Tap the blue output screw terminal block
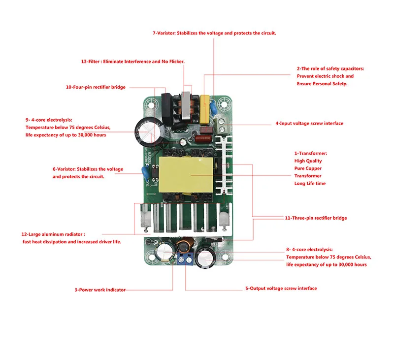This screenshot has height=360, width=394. [x=186, y=259]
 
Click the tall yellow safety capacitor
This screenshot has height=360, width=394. [x=204, y=109]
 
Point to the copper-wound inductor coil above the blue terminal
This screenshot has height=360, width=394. [x=186, y=245]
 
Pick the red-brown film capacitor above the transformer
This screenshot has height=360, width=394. [x=203, y=139]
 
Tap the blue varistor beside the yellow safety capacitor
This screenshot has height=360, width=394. [x=213, y=108]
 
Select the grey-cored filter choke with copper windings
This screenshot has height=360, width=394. [x=185, y=105]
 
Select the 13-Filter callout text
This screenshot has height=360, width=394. [x=132, y=62]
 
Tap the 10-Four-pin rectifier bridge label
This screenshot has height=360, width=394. [x=96, y=87]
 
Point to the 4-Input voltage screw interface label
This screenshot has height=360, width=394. [x=309, y=123]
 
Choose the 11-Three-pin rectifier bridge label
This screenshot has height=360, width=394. [x=316, y=218]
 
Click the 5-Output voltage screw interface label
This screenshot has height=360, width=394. [x=281, y=289]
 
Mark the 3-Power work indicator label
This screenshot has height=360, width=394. [x=100, y=290]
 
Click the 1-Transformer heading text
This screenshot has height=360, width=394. [x=311, y=154]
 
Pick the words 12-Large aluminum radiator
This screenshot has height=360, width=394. [x=53, y=234]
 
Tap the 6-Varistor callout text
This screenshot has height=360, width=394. [x=88, y=173]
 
